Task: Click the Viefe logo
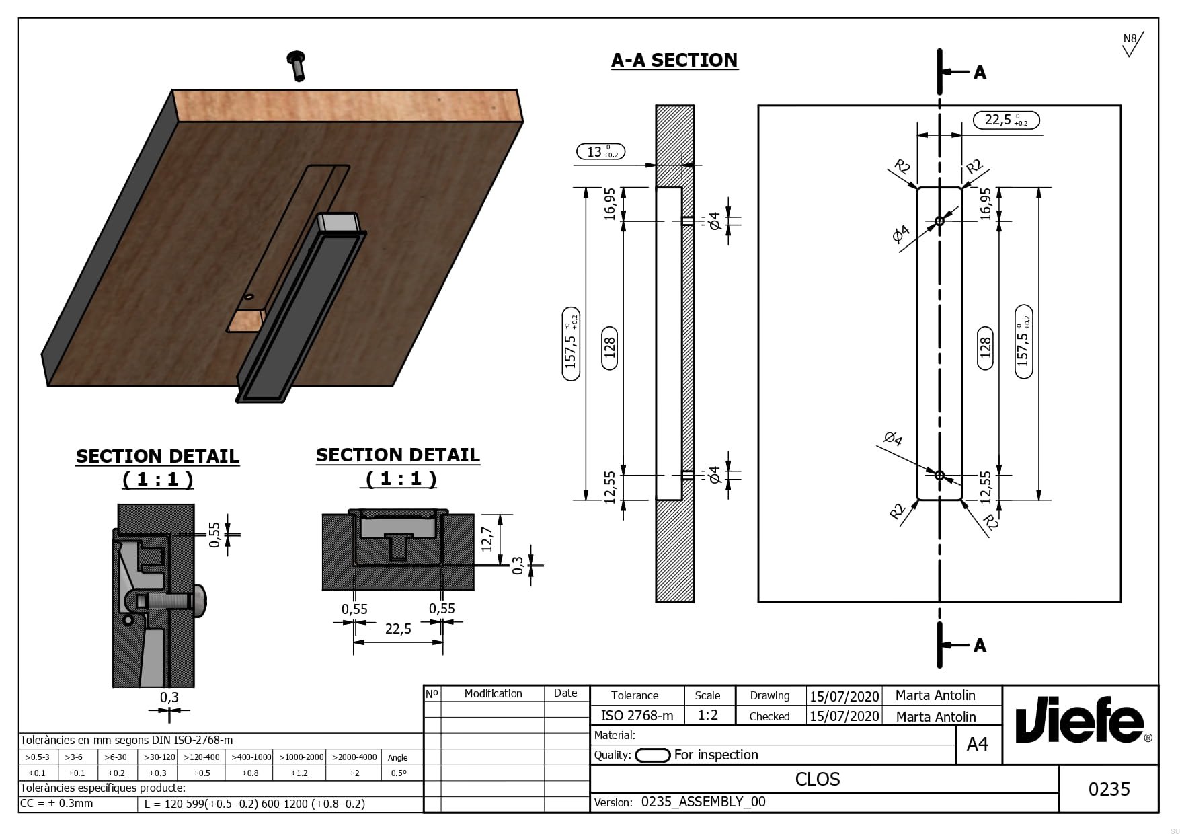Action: point(1080,723)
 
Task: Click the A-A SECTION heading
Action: point(674,61)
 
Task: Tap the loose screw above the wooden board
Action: point(296,65)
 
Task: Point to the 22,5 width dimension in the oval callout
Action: point(1006,120)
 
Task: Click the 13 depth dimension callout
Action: point(600,152)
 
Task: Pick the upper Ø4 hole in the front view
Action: point(939,221)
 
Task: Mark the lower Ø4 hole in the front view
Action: point(939,476)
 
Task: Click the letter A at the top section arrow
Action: point(980,73)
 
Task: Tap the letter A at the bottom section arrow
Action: point(980,646)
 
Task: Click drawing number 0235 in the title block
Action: point(1109,789)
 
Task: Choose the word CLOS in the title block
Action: point(818,780)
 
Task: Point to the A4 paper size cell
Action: point(977,745)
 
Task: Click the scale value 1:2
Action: point(707,715)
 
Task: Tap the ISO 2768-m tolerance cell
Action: point(636,716)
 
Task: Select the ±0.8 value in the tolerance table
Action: point(250,773)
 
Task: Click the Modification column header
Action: point(493,693)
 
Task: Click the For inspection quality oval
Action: point(652,755)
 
